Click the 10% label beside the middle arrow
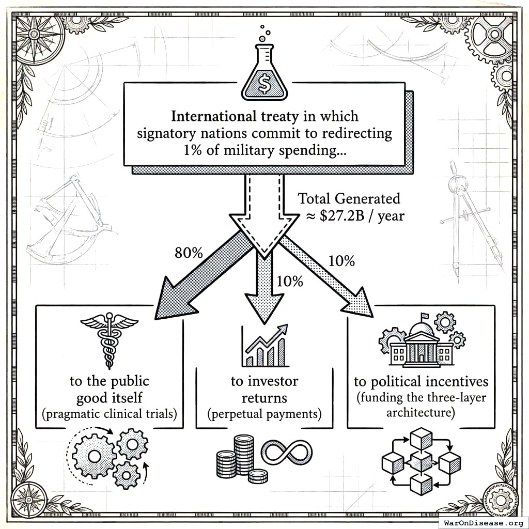pos(290,282)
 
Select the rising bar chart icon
pos(264,346)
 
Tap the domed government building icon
pos(422,340)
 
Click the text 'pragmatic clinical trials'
pos(110,414)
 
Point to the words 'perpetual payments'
pos(264,414)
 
